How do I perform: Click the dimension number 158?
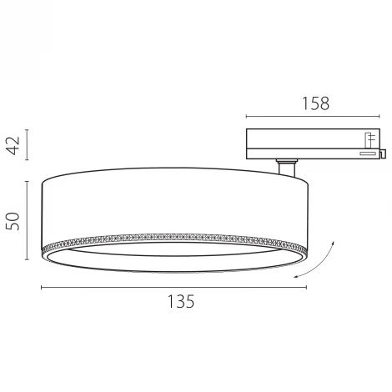coord(315,103)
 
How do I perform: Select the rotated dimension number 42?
coord(13,145)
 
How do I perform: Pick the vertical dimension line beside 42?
coord(28,145)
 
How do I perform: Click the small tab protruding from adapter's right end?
coord(385,152)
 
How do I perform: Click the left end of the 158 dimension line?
coord(247,118)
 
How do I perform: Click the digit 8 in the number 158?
coord(325,103)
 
